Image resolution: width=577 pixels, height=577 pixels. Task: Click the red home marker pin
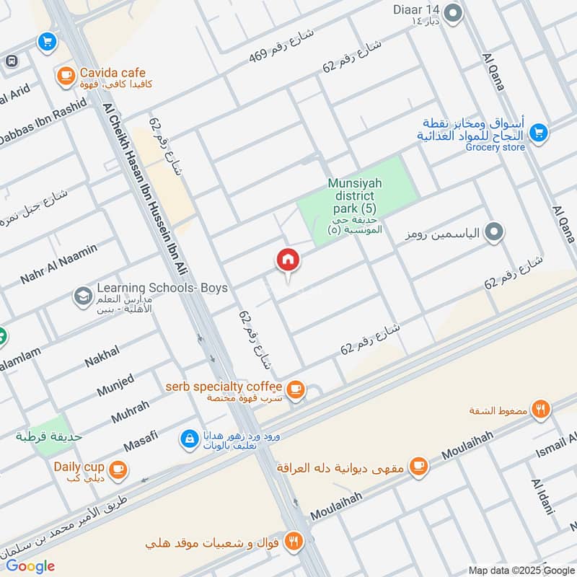[287, 261]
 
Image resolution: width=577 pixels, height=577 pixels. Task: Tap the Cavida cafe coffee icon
[66, 74]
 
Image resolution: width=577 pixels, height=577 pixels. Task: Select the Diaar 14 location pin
[453, 13]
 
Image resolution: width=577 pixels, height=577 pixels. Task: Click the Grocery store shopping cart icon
[537, 133]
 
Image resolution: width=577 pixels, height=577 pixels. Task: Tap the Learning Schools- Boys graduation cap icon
[82, 296]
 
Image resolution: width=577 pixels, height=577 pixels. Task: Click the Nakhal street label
[102, 357]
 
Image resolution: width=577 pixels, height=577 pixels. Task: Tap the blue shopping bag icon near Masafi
[188, 438]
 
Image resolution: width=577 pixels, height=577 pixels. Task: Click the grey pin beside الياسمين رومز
[494, 232]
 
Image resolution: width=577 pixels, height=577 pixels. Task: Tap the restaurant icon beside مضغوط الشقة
[541, 410]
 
